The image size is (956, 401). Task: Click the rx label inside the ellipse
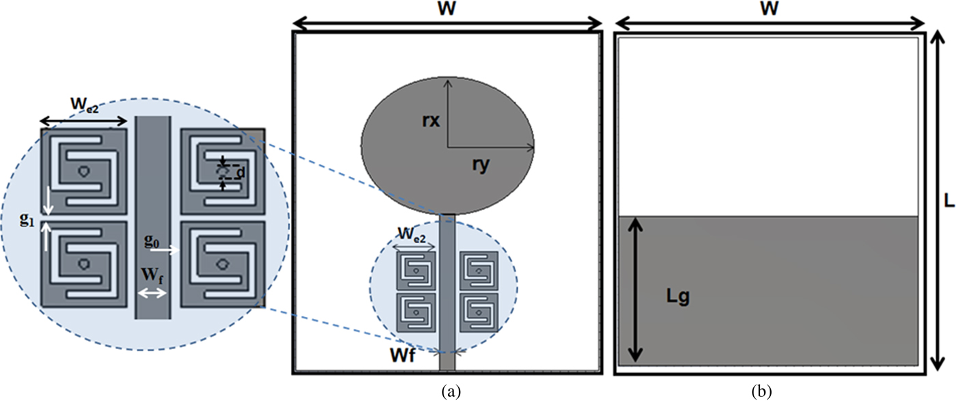tap(432, 122)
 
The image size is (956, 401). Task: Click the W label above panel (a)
tap(447, 10)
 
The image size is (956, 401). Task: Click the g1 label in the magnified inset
tap(27, 220)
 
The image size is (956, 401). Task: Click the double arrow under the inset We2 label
tap(84, 122)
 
